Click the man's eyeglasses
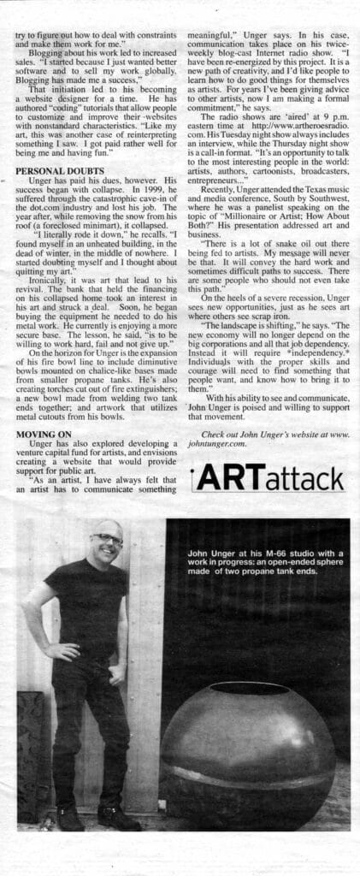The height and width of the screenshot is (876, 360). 107,540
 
